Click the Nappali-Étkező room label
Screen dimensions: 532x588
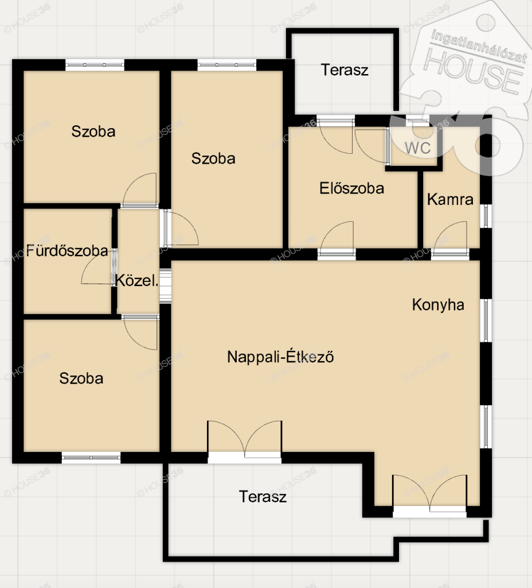point(280,356)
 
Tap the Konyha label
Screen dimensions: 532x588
point(438,305)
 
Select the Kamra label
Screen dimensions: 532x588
point(450,199)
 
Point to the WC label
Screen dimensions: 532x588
point(418,148)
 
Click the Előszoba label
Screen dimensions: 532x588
point(351,188)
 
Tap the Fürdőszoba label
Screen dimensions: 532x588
point(68,250)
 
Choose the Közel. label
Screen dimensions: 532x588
point(136,280)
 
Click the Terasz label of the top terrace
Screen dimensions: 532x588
point(345,70)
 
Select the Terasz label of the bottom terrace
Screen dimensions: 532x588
point(263,497)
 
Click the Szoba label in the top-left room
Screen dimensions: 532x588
point(93,131)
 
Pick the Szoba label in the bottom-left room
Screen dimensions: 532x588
point(81,378)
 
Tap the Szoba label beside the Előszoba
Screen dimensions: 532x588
point(213,158)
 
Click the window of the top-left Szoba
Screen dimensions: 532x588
point(95,65)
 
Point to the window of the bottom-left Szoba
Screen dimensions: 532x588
point(91,458)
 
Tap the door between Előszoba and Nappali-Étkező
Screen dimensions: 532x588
point(337,253)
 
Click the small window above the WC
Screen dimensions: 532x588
point(417,121)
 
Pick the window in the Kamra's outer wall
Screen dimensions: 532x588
point(486,216)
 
